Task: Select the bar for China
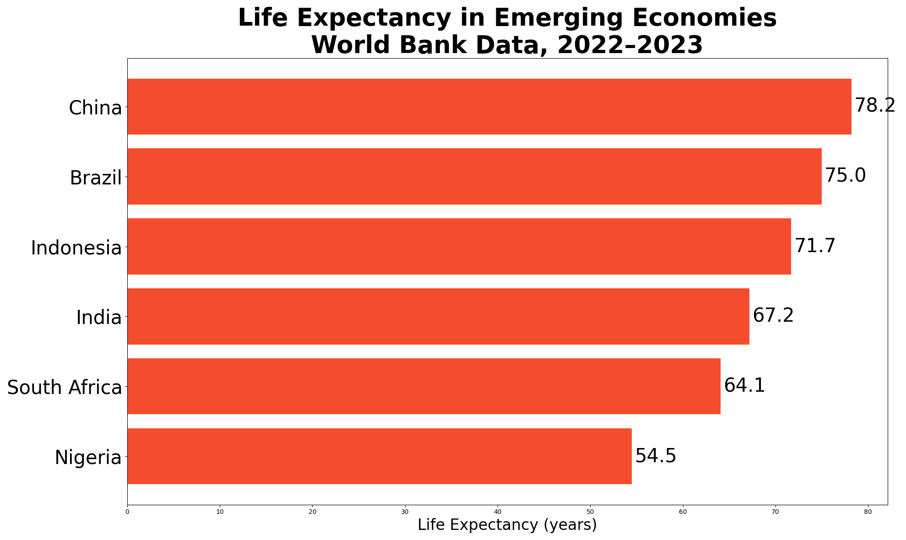[x=489, y=107]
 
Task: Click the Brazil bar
[x=475, y=176]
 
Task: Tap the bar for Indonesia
[x=459, y=246]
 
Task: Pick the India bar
[x=439, y=316]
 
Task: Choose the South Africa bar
[x=424, y=386]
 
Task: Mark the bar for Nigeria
[x=380, y=456]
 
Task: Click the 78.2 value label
[x=875, y=106]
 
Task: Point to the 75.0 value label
[x=846, y=176]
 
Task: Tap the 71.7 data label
[x=815, y=246]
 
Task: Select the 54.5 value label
[x=656, y=456]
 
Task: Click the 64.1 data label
[x=744, y=386]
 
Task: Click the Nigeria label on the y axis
[x=88, y=458]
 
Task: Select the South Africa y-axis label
[x=65, y=388]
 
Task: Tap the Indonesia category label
[x=76, y=248]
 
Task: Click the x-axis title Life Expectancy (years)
[x=507, y=525]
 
